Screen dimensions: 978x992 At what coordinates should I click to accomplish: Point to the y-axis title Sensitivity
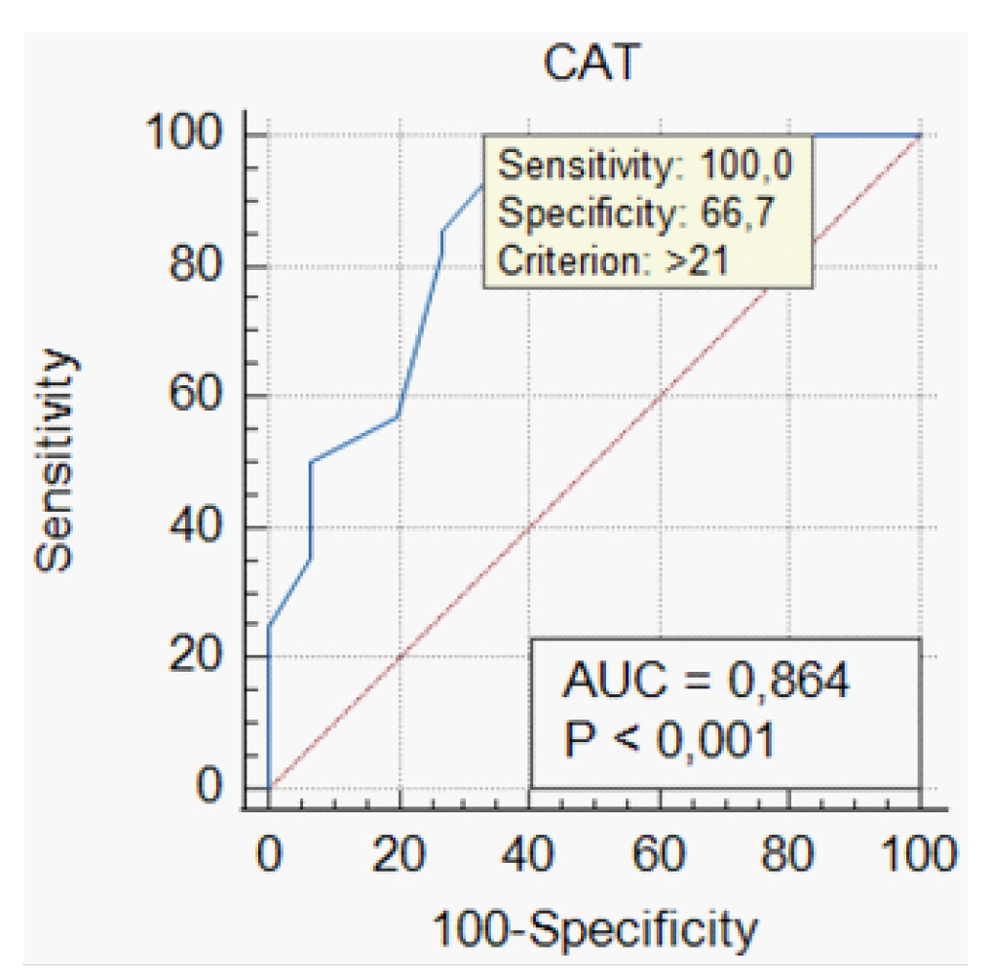pyautogui.click(x=57, y=460)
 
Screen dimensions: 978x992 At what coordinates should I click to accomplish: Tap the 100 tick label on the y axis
pyautogui.click(x=190, y=135)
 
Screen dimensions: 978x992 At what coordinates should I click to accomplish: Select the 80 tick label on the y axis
pyautogui.click(x=203, y=266)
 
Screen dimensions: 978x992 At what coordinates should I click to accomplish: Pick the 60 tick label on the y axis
pyautogui.click(x=203, y=396)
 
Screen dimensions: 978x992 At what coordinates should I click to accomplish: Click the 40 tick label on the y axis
pyautogui.click(x=203, y=527)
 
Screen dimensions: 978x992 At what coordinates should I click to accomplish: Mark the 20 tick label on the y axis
pyautogui.click(x=203, y=656)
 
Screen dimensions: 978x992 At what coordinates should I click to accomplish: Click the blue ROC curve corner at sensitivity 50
pyautogui.click(x=310, y=461)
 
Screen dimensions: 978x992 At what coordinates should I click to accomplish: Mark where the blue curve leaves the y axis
pyautogui.click(x=269, y=625)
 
